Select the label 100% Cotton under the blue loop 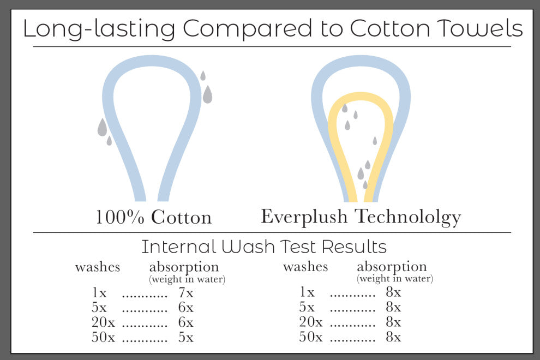tap(153, 217)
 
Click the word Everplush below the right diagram tap(304, 218)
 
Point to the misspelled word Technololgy tap(408, 218)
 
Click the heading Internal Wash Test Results tap(264, 247)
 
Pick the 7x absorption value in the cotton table tap(186, 293)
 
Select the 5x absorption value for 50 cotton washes tap(186, 337)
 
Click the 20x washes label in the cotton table tap(103, 322)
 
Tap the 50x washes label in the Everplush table tap(311, 337)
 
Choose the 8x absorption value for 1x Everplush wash tap(393, 292)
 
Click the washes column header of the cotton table tap(98, 267)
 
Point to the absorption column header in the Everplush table tap(392, 267)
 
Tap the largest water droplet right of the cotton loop tap(207, 94)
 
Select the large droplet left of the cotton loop tap(103, 127)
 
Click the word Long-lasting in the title tap(99, 29)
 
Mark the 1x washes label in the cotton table tap(99, 293)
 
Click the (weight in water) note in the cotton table tap(187, 279)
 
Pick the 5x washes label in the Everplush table tap(307, 307)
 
